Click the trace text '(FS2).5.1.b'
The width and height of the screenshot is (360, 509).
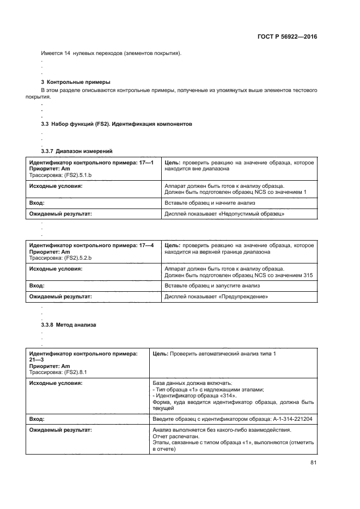[78, 175]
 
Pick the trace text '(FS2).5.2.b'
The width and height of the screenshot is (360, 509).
[78, 257]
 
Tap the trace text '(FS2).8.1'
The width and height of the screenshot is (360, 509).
[75, 373]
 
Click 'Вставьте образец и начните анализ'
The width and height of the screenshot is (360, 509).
[210, 203]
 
